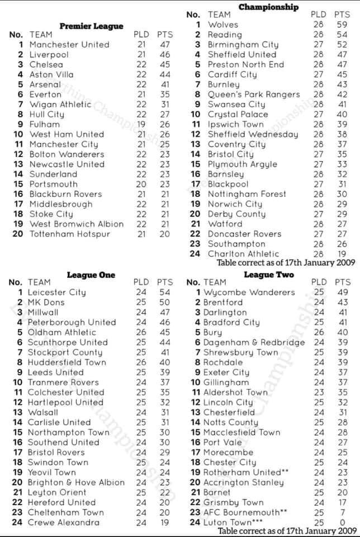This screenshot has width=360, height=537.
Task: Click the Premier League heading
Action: [x=91, y=26]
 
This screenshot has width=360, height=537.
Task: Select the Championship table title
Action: [x=268, y=7]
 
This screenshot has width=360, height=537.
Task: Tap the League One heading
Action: [x=91, y=275]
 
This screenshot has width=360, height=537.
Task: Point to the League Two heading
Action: [x=269, y=275]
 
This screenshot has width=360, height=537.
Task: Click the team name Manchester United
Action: [x=69, y=45]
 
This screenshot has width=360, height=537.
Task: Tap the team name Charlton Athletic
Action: [x=243, y=254]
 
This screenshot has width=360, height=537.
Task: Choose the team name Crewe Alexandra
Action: [x=64, y=522]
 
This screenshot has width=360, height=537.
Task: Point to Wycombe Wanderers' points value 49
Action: [x=342, y=293]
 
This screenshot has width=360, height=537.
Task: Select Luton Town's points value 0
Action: [x=342, y=522]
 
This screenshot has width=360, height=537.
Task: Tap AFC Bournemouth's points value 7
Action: [x=342, y=512]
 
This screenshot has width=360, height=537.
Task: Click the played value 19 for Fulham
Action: [x=141, y=124]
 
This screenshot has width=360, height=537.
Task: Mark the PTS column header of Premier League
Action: [x=165, y=35]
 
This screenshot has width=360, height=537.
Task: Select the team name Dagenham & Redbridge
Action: [x=254, y=342]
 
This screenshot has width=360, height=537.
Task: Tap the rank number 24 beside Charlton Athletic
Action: [x=195, y=254]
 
